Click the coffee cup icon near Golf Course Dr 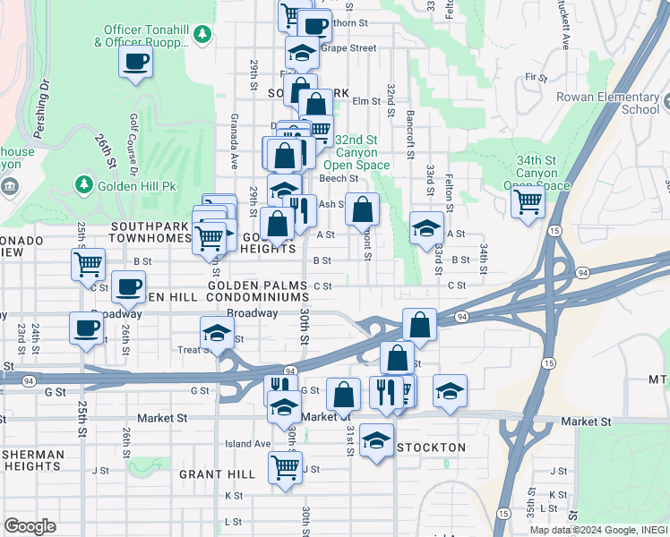pyautogui.click(x=135, y=62)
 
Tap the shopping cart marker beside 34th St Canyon pyautogui.click(x=528, y=200)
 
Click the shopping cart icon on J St pyautogui.click(x=285, y=466)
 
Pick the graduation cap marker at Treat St pyautogui.click(x=215, y=333)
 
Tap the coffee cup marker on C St pyautogui.click(x=129, y=286)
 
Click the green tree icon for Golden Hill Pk pyautogui.click(x=84, y=183)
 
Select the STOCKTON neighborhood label pyautogui.click(x=431, y=447)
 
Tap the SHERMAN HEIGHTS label pyautogui.click(x=32, y=461)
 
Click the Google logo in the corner pyautogui.click(x=30, y=525)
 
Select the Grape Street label pyautogui.click(x=348, y=48)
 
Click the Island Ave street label pyautogui.click(x=247, y=443)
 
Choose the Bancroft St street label pyautogui.click(x=409, y=134)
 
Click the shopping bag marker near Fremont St pyautogui.click(x=362, y=210)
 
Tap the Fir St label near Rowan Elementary pyautogui.click(x=537, y=78)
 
